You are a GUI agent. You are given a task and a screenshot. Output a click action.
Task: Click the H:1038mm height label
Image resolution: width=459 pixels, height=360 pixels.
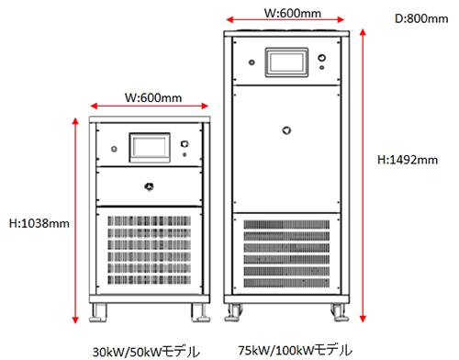[x=39, y=223]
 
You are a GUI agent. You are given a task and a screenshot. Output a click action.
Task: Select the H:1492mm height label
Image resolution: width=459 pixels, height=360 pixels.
[x=408, y=160]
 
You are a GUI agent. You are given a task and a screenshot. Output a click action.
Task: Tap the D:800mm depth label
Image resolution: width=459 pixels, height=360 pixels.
[x=421, y=18]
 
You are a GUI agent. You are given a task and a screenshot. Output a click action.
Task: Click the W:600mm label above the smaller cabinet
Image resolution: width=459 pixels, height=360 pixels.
[x=153, y=97]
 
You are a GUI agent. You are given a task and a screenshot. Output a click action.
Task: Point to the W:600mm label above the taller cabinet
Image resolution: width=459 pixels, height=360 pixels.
[x=293, y=13]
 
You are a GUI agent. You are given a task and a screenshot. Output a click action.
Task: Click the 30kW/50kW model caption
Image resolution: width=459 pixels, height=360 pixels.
[x=146, y=352]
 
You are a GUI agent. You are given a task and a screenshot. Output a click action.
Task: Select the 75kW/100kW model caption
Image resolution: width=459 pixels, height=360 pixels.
[x=295, y=350]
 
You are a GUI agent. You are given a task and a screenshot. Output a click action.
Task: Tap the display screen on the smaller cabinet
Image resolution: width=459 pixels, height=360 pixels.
[x=150, y=148]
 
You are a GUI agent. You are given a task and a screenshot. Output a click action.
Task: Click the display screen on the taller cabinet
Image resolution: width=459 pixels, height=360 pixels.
[x=286, y=62]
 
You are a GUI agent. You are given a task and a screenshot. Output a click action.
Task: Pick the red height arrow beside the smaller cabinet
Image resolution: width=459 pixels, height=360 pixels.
[x=75, y=220]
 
